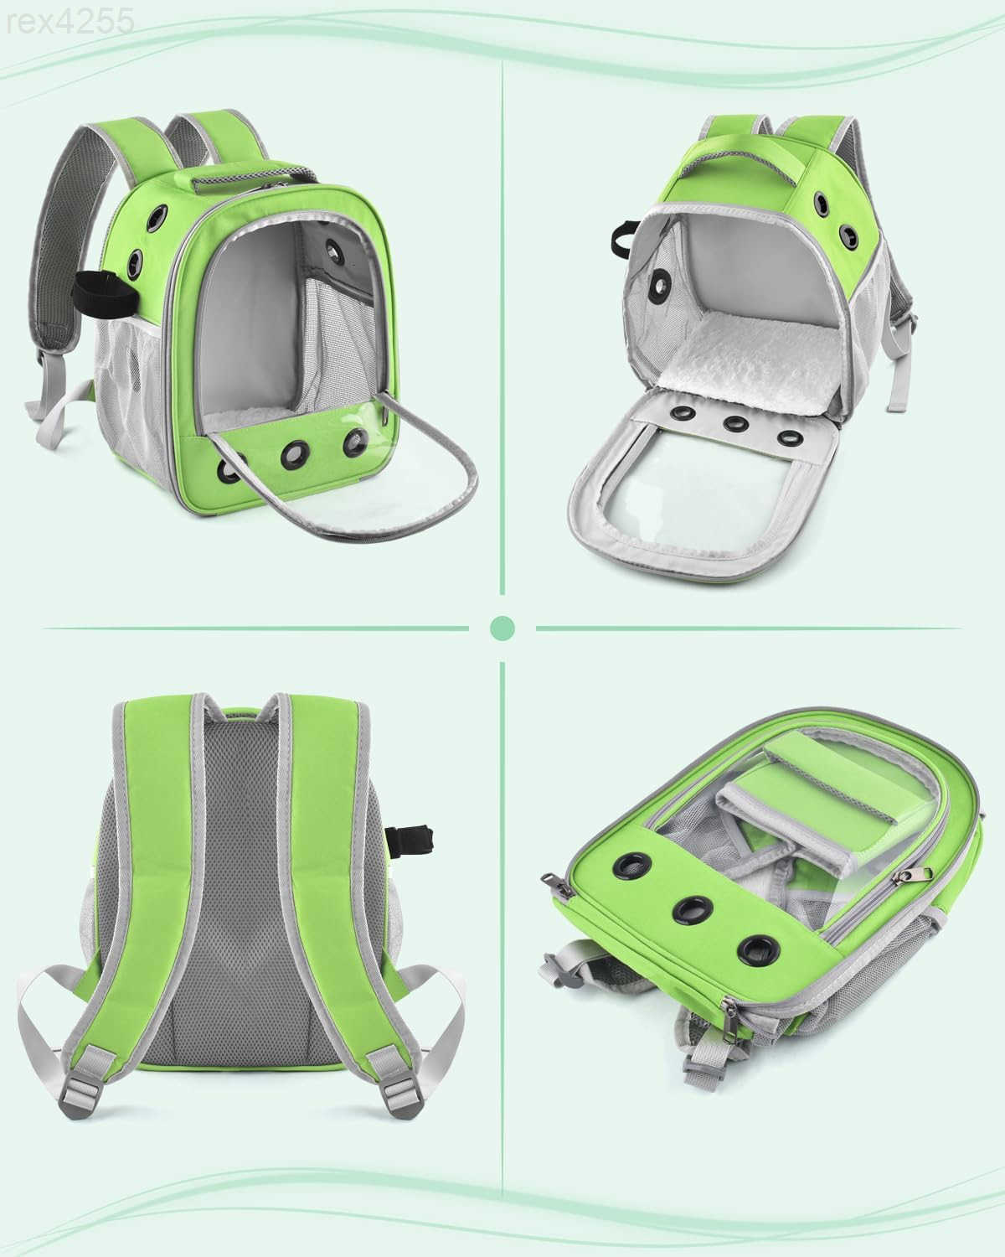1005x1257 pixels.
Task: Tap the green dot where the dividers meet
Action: (x=502, y=627)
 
